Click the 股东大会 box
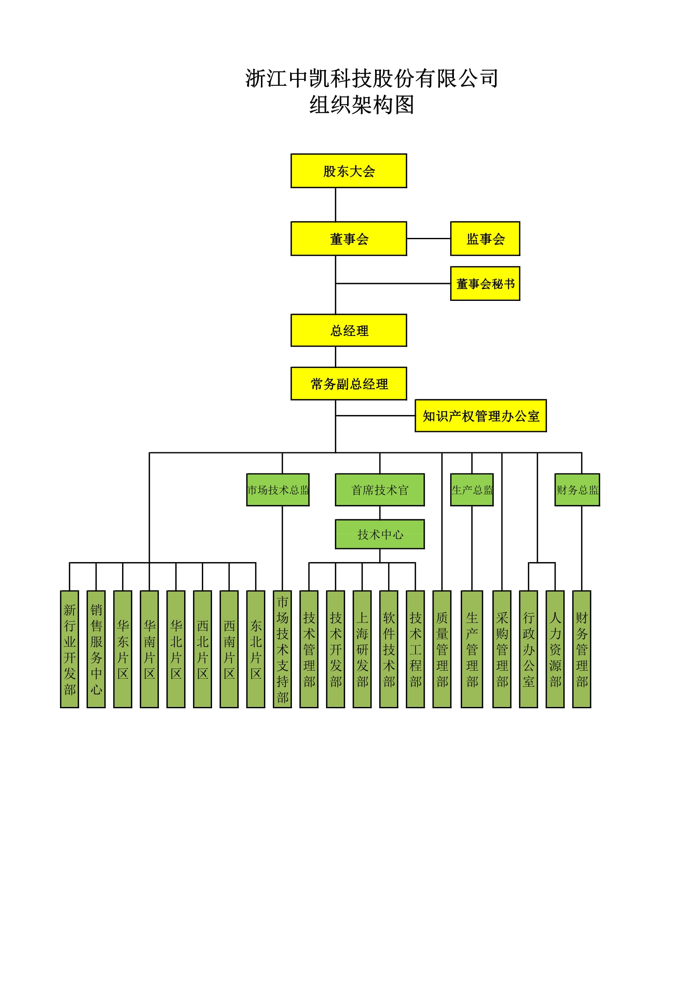348,171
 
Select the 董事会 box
348,239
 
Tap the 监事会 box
485,239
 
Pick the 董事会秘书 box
485,284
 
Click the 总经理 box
348,330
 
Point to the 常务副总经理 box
348,383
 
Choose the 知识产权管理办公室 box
481,416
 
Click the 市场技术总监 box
278,490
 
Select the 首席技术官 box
379,490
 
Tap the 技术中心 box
379,534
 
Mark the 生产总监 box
472,490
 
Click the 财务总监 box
577,490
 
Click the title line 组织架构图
361,105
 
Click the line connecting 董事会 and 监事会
428,238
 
